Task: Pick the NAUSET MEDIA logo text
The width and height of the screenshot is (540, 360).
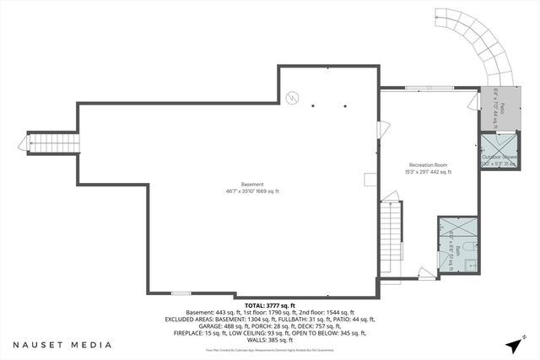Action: [62, 345]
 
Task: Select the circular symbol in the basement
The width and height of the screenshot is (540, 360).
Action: [292, 98]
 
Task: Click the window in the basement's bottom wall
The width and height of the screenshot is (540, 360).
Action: [181, 293]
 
